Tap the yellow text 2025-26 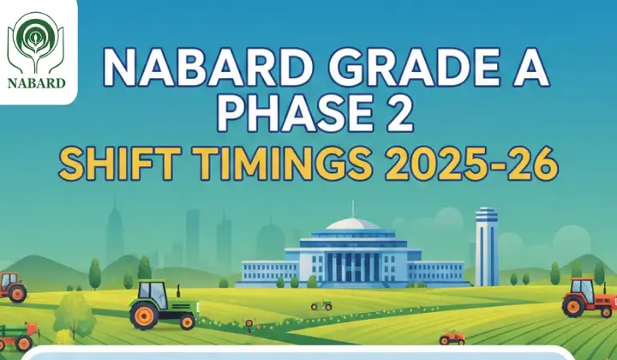[473, 164]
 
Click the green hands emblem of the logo [35, 42]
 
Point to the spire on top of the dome [352, 208]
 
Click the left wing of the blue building [267, 272]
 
